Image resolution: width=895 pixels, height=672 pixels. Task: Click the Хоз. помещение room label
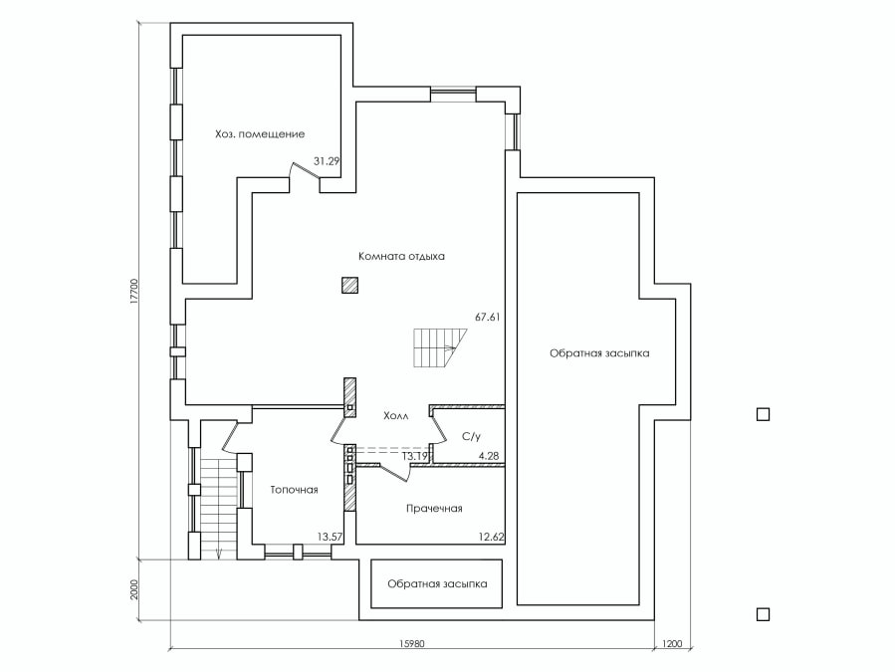click(x=259, y=133)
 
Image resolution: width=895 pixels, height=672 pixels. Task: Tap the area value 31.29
click(x=327, y=159)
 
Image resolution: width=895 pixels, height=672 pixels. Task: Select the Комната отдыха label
click(x=401, y=256)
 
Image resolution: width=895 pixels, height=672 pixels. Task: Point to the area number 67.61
click(x=487, y=318)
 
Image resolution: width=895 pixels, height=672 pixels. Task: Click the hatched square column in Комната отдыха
click(x=349, y=286)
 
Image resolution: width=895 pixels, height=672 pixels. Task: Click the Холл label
click(x=395, y=417)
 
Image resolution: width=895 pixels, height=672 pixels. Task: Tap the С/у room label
click(x=472, y=436)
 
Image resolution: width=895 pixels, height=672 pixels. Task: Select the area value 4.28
click(x=488, y=456)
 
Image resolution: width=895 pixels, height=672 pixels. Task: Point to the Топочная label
click(x=294, y=490)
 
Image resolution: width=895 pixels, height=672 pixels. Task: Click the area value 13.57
click(x=331, y=537)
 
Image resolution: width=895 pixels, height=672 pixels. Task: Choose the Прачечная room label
click(x=434, y=509)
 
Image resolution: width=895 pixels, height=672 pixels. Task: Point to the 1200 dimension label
click(x=671, y=644)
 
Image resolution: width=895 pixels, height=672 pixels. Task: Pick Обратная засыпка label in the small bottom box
click(x=437, y=584)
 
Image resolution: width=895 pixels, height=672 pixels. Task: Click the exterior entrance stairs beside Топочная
click(x=218, y=508)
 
